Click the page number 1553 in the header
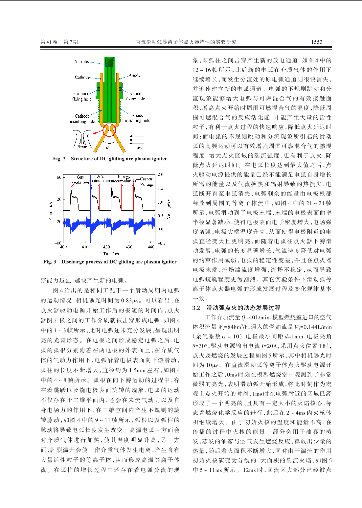(317, 42)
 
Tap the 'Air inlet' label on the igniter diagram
(81, 61)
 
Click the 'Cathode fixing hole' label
(82, 96)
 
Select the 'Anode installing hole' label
(138, 118)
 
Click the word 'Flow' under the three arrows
(138, 148)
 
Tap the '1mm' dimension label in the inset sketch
(83, 147)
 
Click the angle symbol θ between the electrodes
(107, 148)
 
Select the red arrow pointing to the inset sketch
(97, 132)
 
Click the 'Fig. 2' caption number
(59, 159)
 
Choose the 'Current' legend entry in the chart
(147, 179)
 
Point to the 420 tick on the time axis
(107, 247)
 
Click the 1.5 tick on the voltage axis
(160, 188)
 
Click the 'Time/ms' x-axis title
(111, 254)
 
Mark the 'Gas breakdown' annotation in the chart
(80, 180)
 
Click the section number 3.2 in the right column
(196, 308)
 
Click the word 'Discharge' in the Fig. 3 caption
(73, 262)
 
